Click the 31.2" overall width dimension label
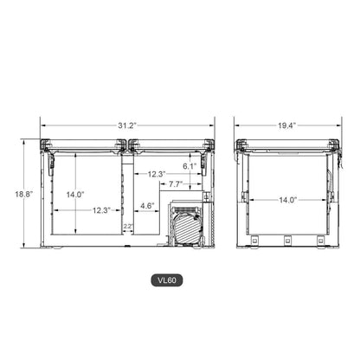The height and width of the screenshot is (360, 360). (127, 125)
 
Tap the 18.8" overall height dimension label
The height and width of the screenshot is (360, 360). (23, 195)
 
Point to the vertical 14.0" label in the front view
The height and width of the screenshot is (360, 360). (75, 195)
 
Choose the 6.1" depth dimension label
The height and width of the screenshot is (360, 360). (189, 164)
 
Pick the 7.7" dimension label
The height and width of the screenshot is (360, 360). (175, 183)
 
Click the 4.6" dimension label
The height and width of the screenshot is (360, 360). (147, 205)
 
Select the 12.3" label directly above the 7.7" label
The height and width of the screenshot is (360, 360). (156, 174)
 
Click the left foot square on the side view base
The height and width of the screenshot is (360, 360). (256, 241)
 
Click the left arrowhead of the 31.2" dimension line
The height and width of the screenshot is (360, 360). (42, 125)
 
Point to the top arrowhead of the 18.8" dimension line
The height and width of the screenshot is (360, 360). (39, 141)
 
